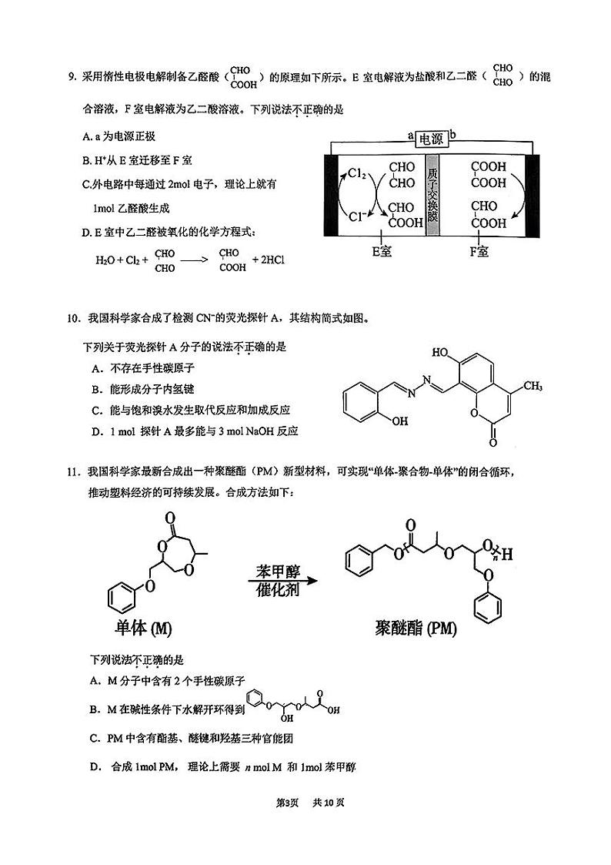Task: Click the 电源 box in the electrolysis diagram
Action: point(431,139)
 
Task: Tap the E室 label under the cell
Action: point(382,251)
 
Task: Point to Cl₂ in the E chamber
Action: point(356,174)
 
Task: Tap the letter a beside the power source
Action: point(412,136)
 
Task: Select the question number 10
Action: point(74,318)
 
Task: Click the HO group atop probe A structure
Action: point(442,352)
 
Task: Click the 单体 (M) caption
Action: point(142,628)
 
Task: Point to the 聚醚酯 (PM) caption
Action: point(417,629)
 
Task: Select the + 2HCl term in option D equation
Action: point(269,260)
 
